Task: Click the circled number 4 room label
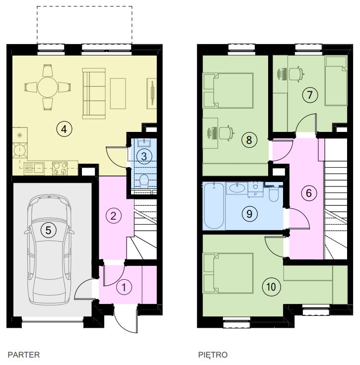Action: point(64,129)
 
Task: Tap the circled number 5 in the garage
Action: point(48,230)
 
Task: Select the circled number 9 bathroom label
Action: point(249,214)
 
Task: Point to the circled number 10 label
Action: point(271,287)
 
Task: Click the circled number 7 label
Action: point(310,95)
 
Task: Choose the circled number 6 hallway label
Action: point(309,193)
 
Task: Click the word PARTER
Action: point(24,355)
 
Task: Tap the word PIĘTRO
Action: point(213,355)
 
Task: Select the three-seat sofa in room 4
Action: point(94,93)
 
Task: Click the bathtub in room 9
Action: point(214,205)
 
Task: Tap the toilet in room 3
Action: point(144,181)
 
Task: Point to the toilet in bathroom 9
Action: point(274,195)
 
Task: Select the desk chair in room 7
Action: point(296,74)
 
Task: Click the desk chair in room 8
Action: point(226,133)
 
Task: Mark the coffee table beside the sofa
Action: point(118,93)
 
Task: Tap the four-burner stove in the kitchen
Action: point(60,168)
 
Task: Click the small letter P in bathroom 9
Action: point(255,194)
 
